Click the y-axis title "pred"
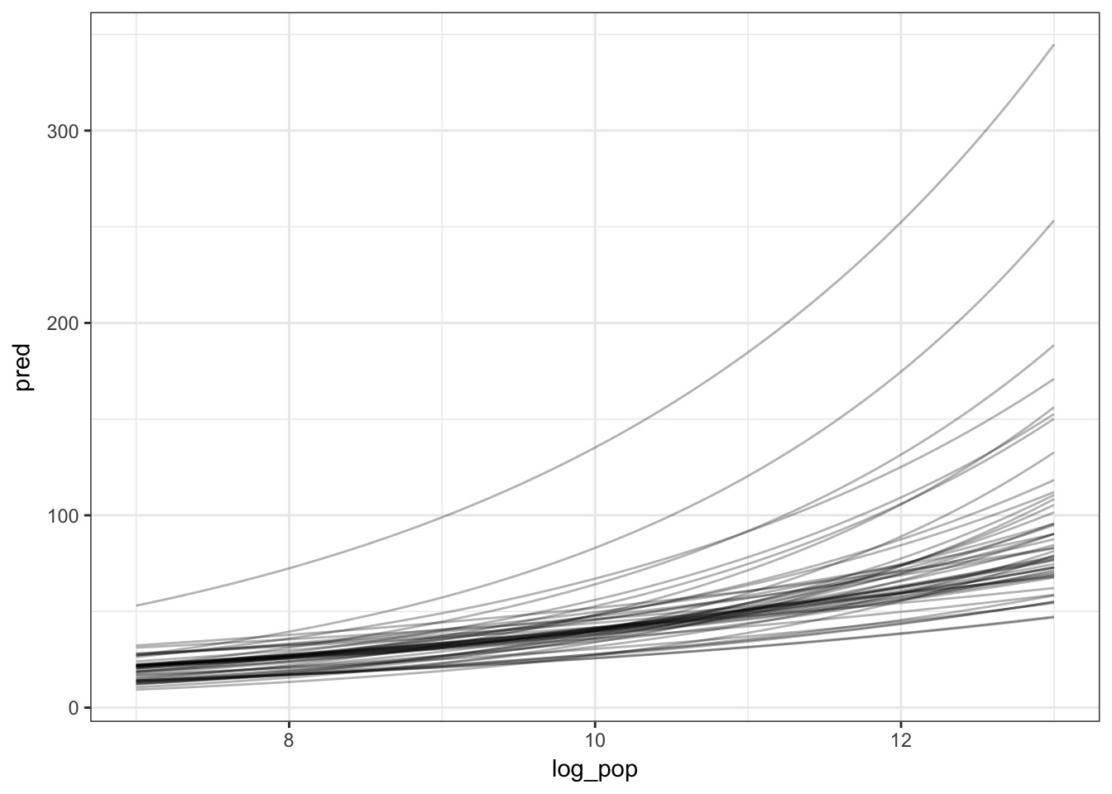click(23, 366)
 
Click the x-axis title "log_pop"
click(595, 770)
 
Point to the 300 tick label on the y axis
click(63, 132)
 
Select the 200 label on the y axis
click(63, 323)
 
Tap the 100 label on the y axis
click(63, 515)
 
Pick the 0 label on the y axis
click(74, 708)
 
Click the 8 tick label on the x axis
click(289, 740)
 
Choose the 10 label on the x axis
click(595, 740)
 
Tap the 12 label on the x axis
click(900, 740)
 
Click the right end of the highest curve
click(1053, 45)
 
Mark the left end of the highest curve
click(137, 605)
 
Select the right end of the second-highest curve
click(1053, 221)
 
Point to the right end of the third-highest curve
click(1053, 346)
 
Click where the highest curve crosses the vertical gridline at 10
click(595, 448)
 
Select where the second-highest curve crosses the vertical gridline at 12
click(900, 371)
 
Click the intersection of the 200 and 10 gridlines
click(595, 323)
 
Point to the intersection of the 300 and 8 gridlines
click(289, 131)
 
